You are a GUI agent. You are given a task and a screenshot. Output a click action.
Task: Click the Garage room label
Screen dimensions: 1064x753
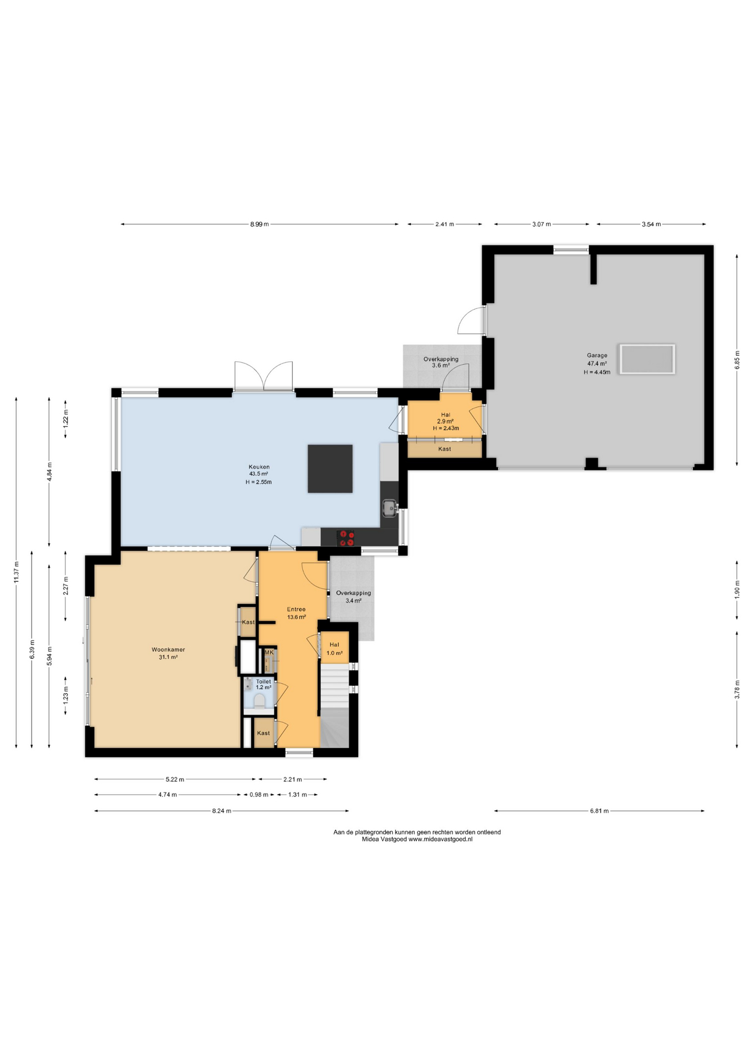pos(597,356)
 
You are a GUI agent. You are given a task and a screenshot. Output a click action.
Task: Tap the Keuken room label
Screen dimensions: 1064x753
pos(259,467)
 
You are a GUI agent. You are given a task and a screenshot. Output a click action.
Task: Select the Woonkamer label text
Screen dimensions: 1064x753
pos(168,649)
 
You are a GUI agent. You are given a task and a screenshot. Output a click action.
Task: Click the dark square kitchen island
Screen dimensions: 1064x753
pos(330,468)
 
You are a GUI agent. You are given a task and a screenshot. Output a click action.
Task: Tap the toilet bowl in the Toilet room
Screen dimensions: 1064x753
pos(259,702)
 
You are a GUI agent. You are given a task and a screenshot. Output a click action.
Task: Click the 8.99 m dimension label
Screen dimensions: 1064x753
pos(259,224)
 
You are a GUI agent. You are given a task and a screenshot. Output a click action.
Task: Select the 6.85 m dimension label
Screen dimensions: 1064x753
pos(737,360)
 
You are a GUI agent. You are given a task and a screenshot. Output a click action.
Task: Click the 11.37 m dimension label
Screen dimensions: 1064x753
pos(17,572)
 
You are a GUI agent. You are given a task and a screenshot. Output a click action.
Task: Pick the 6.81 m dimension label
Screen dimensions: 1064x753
pos(599,811)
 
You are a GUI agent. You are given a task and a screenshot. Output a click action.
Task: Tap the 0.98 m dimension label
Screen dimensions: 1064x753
pos(258,795)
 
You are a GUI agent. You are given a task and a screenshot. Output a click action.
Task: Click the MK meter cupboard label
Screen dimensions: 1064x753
pos(269,652)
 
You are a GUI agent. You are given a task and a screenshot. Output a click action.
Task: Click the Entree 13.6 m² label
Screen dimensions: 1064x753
pos(296,612)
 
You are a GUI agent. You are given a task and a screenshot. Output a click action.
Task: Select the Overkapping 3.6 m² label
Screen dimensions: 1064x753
pos(441,362)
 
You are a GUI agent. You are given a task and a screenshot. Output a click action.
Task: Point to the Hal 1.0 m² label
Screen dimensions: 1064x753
pos(334,648)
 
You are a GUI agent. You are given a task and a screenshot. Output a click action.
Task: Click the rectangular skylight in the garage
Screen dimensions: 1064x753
pos(647,359)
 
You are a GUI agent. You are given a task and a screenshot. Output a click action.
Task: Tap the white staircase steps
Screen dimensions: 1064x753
pos(334,686)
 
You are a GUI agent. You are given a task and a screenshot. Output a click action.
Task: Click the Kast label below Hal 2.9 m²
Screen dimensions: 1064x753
pos(444,449)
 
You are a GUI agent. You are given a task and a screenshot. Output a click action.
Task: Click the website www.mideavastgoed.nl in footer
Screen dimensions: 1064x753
pos(440,839)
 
